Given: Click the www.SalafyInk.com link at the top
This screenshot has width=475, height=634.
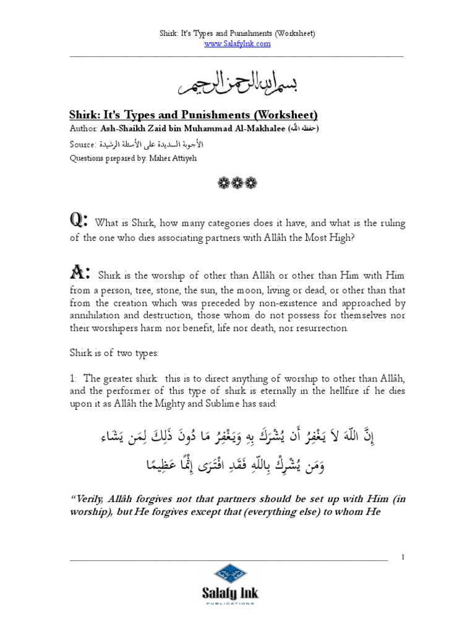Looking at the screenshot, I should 237,44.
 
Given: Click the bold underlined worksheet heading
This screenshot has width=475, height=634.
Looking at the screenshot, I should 192,115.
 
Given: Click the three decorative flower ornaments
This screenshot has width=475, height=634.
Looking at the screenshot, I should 237,183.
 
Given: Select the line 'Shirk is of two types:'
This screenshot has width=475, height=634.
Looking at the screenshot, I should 114,353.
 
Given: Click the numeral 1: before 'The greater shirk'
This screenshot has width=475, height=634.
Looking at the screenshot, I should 72,378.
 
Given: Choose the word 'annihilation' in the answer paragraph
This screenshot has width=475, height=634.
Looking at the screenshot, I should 96,315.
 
